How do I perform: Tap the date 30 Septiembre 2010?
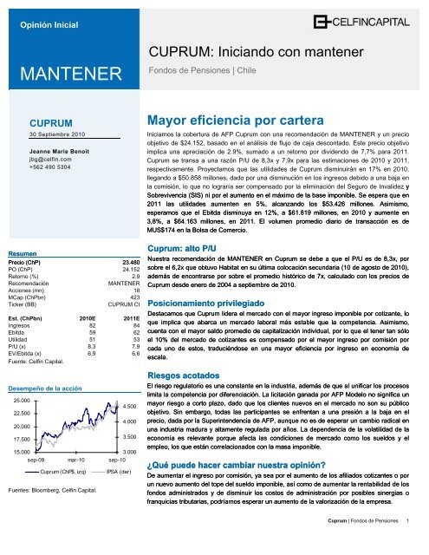tap(58, 135)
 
